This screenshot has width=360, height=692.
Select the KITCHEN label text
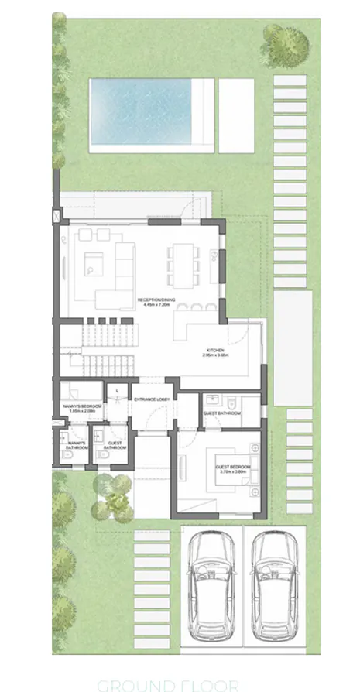pyautogui.click(x=214, y=350)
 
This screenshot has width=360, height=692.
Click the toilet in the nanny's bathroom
pyautogui.click(x=67, y=457)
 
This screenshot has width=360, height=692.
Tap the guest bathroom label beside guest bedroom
pyautogui.click(x=222, y=413)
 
